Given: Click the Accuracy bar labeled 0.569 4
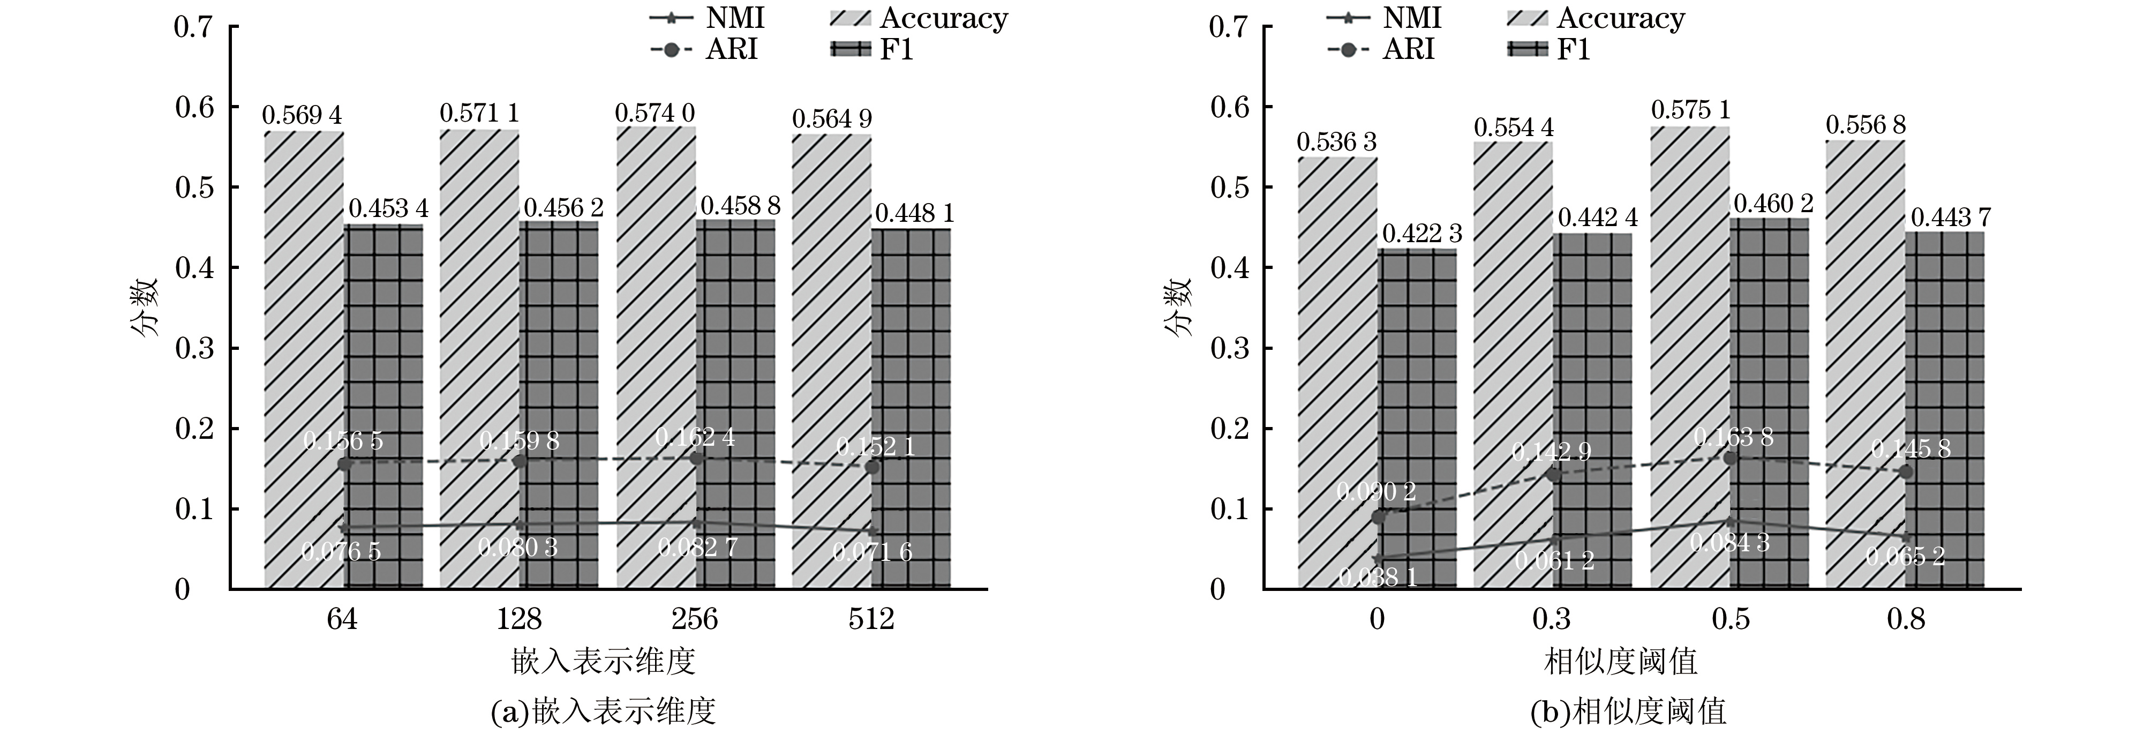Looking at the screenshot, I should pyautogui.click(x=304, y=359).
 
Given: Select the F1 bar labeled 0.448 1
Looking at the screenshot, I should pyautogui.click(x=911, y=409).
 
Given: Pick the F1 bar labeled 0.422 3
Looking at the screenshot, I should pyautogui.click(x=1417, y=417).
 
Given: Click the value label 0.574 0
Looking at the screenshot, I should pyautogui.click(x=655, y=113).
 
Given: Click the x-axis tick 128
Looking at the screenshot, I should pyautogui.click(x=520, y=619).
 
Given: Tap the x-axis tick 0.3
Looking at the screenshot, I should pyautogui.click(x=1552, y=619).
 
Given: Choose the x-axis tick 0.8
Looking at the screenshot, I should pyautogui.click(x=1906, y=619).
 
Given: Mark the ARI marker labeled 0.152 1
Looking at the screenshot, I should pyautogui.click(x=872, y=467).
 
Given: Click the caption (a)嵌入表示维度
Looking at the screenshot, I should pyautogui.click(x=604, y=711).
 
